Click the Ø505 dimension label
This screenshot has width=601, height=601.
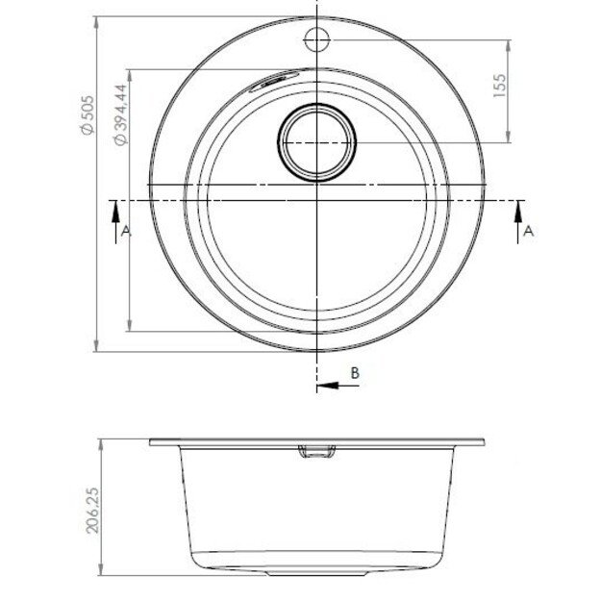88,115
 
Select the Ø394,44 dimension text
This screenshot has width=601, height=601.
121,114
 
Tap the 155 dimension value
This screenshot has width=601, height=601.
499,86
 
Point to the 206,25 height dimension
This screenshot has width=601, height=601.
92,511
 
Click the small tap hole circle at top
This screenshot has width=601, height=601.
317,39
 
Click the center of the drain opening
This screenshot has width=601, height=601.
317,142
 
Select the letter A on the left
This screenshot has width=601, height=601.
126,231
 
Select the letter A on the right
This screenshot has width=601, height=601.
529,231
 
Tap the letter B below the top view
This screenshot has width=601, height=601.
355,372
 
